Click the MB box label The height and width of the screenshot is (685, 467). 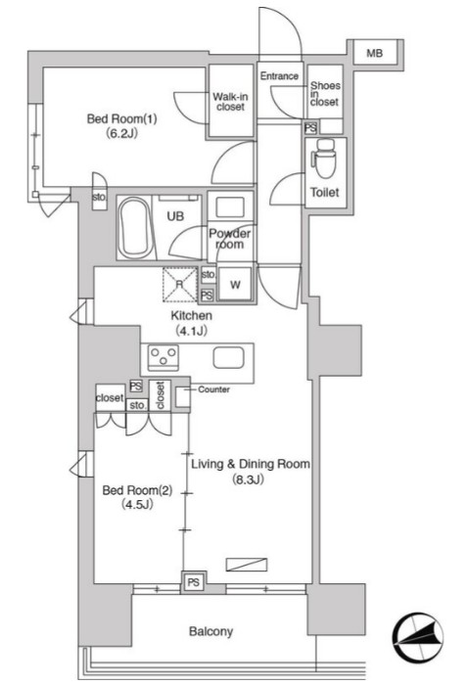374,53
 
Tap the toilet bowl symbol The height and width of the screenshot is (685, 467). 324,159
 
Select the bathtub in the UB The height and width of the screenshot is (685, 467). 135,228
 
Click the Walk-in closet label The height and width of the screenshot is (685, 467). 230,102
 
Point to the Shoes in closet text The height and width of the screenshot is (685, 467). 325,94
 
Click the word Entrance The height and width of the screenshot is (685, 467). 279,76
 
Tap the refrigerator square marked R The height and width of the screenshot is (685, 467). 180,285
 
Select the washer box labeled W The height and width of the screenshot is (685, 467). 235,285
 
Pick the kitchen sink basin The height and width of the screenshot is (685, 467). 228,358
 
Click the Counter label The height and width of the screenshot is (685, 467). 213,389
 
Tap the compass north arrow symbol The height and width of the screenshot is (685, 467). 418,638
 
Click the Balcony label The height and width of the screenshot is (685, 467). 210,631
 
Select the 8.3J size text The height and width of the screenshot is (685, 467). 248,480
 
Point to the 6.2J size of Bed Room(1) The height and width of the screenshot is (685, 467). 121,133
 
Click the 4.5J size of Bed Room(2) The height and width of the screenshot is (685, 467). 137,505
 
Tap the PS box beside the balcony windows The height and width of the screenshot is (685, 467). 194,582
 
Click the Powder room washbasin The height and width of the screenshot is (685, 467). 230,206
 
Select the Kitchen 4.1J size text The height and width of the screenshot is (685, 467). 191,331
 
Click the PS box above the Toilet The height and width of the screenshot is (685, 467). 310,127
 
